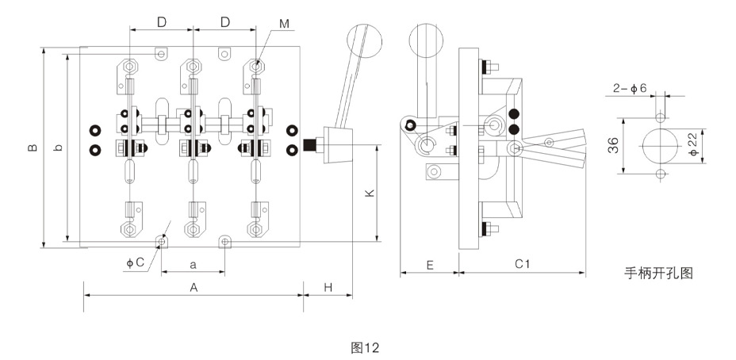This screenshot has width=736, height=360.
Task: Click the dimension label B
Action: (32, 147)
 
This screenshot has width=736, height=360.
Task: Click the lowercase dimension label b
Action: (58, 147)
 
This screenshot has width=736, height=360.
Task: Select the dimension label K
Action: (370, 193)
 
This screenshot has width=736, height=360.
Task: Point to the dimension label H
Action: (328, 288)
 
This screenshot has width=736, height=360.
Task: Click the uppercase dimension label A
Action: (194, 288)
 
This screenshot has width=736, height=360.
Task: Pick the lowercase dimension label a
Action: (193, 265)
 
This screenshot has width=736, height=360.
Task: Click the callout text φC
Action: (135, 262)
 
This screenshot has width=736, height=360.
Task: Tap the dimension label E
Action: (430, 265)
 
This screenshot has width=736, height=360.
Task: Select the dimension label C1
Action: (522, 264)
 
